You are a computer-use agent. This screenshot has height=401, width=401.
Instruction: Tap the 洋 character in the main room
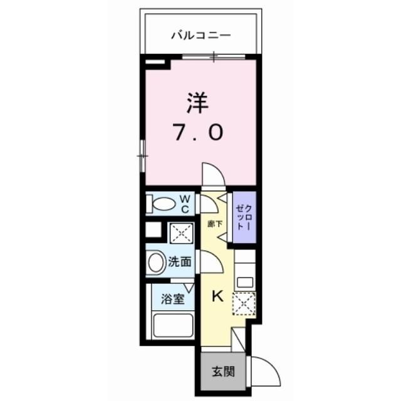[x=197, y=103]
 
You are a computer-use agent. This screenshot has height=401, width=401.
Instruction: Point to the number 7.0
[x=197, y=132]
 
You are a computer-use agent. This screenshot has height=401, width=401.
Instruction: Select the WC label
[x=185, y=204]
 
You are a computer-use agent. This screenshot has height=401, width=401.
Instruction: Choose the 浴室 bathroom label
[x=173, y=298]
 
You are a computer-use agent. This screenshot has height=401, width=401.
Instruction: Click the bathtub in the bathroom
[x=173, y=326]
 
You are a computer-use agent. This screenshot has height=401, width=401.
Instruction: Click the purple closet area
[x=242, y=216]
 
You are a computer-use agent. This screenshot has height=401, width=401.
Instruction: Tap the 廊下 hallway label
[x=214, y=223]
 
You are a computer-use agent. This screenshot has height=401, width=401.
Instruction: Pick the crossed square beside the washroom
[x=180, y=234]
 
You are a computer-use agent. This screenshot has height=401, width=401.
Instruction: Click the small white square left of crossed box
[x=152, y=229]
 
